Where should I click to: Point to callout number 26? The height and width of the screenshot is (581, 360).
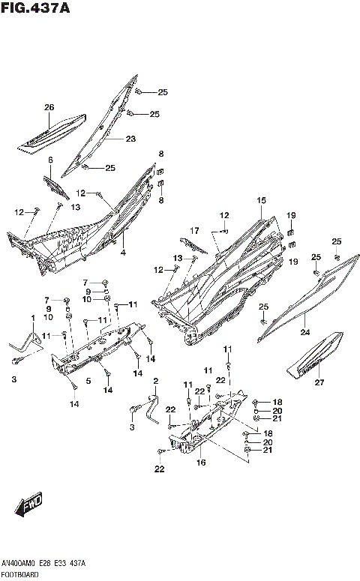point(49,107)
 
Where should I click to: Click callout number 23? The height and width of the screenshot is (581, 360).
point(130,139)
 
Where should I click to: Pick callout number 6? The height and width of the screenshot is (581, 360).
point(50,160)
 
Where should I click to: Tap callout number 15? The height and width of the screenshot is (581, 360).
point(261,200)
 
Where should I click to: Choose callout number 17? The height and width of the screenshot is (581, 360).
point(194,230)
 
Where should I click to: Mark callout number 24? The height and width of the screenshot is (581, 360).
point(305,332)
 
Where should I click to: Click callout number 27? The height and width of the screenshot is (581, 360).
point(319,383)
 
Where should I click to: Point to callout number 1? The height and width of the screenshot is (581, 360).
point(32,319)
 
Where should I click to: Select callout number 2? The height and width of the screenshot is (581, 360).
point(155,382)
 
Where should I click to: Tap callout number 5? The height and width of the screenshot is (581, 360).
point(88,381)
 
